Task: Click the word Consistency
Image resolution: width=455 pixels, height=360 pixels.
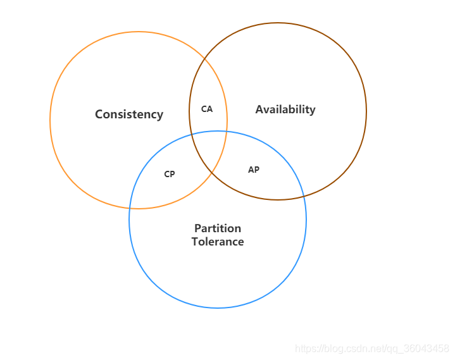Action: [129, 115]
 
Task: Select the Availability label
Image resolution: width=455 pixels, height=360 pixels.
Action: [285, 109]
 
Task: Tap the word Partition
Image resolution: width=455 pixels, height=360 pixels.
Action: [217, 228]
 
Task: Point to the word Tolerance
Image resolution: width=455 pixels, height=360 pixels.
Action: [217, 242]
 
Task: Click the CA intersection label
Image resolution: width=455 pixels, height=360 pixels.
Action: [207, 109]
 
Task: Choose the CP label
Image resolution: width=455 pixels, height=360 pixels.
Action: [169, 174]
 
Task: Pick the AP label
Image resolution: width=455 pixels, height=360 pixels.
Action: [253, 170]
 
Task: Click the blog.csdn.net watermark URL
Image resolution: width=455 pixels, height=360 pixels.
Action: [372, 349]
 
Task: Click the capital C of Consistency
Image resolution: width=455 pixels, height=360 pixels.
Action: [99, 115]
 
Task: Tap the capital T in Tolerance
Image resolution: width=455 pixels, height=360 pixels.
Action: [195, 242]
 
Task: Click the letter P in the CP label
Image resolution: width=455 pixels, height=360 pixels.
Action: [172, 174]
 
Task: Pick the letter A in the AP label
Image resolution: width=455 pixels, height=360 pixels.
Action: [251, 170]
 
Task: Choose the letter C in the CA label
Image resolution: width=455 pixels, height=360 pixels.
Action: [204, 109]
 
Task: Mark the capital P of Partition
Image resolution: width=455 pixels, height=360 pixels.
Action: [197, 228]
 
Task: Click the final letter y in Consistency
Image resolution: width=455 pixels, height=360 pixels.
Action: [160, 116]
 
